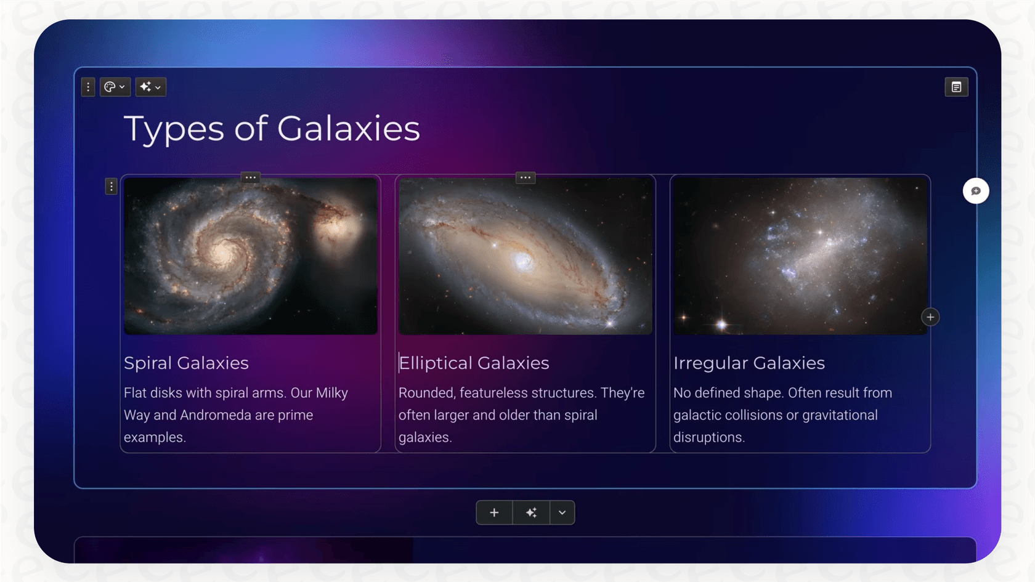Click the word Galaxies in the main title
coord(348,129)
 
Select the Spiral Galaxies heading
coord(186,363)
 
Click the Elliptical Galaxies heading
coord(474,363)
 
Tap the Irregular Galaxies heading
coord(749,363)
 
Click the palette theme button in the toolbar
coord(115,87)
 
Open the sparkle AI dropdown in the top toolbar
coord(150,87)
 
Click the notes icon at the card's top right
coord(956,87)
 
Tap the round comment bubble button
coord(976,191)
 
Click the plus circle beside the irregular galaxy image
coord(930,317)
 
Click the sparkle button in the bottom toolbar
coord(531,512)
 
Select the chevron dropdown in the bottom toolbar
coord(562,512)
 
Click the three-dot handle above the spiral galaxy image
coord(250,177)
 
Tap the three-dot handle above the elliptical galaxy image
coord(525,177)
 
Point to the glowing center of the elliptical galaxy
coord(524,262)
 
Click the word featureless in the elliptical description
coord(497,393)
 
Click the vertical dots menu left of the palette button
coord(88,87)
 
